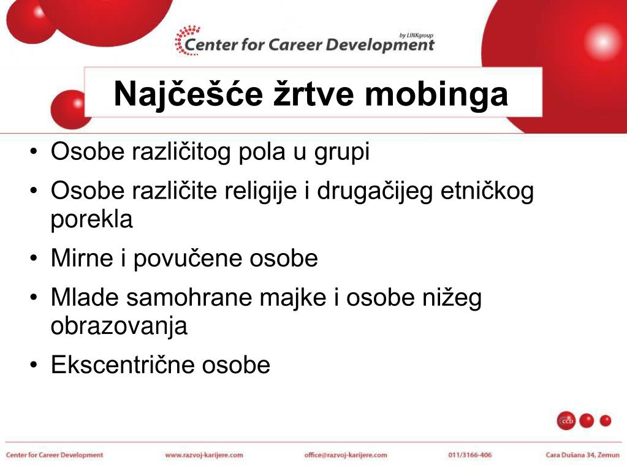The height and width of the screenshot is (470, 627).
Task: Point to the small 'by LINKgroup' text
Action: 416,35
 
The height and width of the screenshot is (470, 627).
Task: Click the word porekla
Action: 91,219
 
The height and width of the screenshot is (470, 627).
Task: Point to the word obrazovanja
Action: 119,326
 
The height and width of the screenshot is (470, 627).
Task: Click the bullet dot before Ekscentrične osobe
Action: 34,366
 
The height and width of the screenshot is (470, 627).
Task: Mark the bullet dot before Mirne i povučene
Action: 34,260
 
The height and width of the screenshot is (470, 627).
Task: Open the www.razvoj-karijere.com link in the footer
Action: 204,455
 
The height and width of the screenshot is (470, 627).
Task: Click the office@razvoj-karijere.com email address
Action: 346,455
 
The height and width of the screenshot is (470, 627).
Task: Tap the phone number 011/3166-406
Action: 470,455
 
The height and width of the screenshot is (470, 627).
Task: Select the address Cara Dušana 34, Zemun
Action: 583,455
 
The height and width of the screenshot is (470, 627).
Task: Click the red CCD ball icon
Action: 566,421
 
